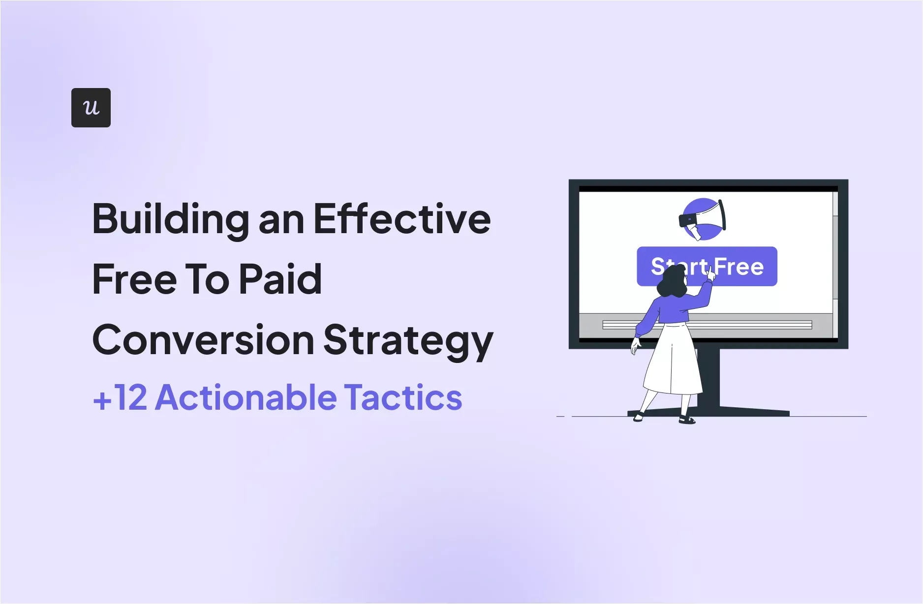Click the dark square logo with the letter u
[x=91, y=108]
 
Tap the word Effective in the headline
[x=402, y=219]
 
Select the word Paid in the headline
[x=280, y=279]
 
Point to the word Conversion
[x=203, y=340]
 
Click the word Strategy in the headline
[x=408, y=341]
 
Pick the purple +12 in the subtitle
[x=120, y=397]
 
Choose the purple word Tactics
[x=403, y=397]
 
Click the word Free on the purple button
[x=739, y=267]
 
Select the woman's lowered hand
[x=635, y=346]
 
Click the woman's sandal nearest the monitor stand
[x=687, y=420]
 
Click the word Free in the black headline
[x=134, y=279]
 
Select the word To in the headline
[x=207, y=279]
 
